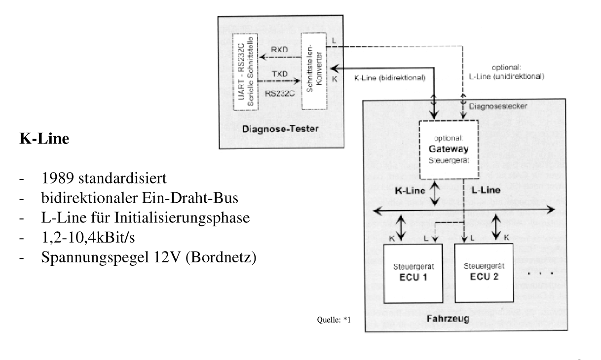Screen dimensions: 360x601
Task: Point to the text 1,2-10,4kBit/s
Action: click(x=88, y=238)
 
